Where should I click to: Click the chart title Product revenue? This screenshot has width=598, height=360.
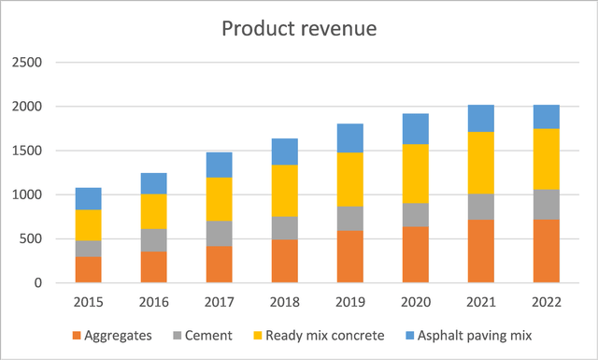click(299, 29)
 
